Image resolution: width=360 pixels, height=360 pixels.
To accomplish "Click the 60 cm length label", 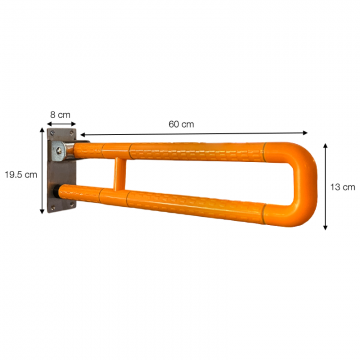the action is pyautogui.click(x=181, y=124).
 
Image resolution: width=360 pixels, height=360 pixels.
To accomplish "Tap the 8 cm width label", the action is pyautogui.click(x=60, y=115).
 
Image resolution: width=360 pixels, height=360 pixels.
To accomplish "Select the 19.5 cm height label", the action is pyautogui.click(x=21, y=175).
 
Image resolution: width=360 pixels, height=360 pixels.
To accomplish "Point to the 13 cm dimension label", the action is pyautogui.click(x=343, y=187).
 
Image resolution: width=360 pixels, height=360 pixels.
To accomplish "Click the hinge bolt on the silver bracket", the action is pyautogui.click(x=59, y=151).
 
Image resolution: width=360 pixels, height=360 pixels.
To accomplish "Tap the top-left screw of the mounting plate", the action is pyautogui.click(x=52, y=133).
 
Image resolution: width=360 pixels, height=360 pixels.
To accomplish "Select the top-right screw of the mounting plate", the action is pyautogui.click(x=71, y=133).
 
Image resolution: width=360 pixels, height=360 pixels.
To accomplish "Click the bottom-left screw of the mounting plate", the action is pyautogui.click(x=52, y=207).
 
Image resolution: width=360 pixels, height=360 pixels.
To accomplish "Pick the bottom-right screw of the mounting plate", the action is pyautogui.click(x=71, y=207).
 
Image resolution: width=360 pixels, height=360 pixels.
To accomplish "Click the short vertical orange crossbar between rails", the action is pyautogui.click(x=120, y=174).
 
